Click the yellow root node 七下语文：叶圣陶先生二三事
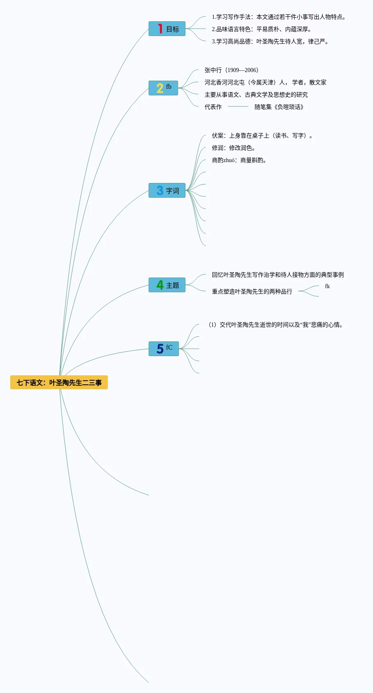59,382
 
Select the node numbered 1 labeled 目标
167,29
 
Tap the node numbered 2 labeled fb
163,88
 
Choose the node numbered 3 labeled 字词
167,190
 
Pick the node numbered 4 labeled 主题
167,285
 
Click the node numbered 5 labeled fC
164,349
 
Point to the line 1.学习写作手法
278,17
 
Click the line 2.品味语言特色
261,29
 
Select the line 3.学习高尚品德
270,41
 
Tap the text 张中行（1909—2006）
232,70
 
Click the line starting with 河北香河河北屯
265,82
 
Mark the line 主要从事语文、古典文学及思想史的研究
256,95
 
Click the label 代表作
213,107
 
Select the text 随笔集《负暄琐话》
279,107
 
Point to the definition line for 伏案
262,135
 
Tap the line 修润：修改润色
234,148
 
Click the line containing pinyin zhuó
239,160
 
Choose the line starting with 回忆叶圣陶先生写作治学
277,275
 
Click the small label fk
327,286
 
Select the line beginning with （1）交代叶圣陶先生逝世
275,325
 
